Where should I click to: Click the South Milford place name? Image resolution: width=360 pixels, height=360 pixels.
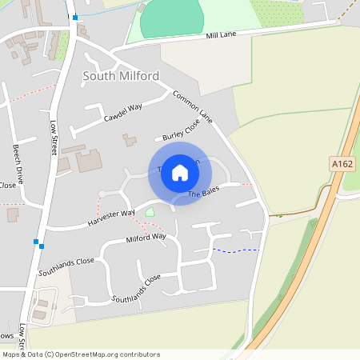point(121,76)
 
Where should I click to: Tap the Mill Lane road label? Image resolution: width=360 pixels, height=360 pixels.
point(222,34)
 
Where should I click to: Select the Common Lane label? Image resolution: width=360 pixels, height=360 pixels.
point(193,106)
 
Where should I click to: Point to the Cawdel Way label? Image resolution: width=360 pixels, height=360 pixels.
point(122,113)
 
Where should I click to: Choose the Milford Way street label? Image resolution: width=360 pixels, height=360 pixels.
point(146,238)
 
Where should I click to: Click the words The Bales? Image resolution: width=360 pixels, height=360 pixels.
point(203,193)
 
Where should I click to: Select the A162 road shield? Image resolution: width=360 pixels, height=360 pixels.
point(342,164)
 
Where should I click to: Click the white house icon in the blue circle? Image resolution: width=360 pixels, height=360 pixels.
point(180,173)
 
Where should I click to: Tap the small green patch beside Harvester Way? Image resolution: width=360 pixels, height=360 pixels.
point(150,212)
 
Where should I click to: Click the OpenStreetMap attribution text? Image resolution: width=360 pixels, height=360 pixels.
point(81,354)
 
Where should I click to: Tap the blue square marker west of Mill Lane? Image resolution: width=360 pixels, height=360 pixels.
point(75,17)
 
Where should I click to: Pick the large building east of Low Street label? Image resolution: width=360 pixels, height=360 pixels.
point(89,161)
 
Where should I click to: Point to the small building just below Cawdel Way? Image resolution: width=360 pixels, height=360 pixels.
point(129,140)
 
